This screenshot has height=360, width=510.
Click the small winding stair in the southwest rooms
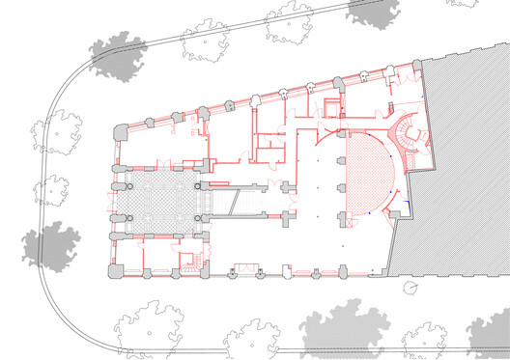[190, 261]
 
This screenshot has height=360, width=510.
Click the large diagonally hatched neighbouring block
[454, 164]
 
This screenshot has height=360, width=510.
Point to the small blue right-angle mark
[408, 204]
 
